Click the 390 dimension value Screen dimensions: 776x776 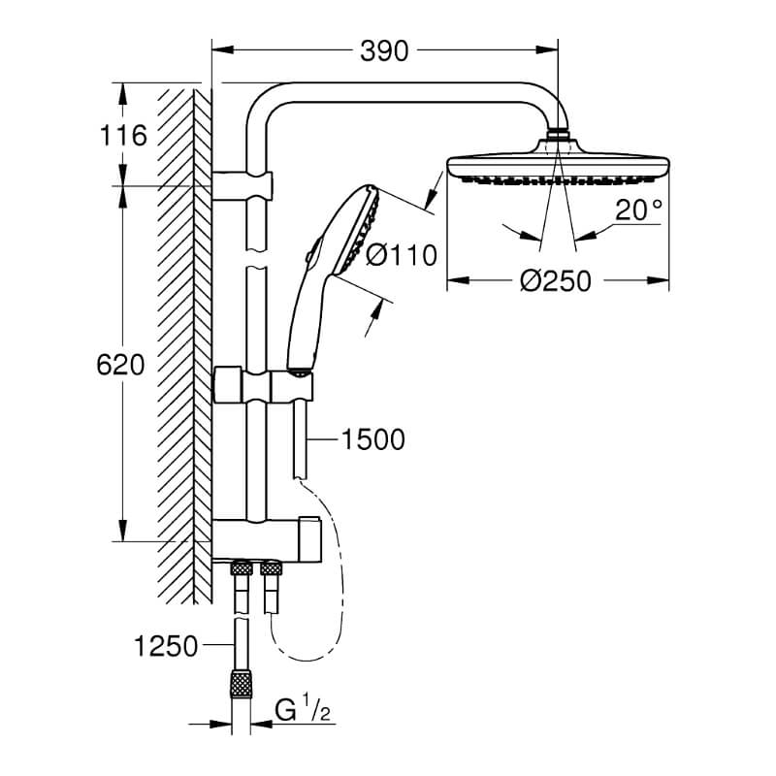click(x=384, y=51)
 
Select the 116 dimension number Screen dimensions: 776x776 click(x=123, y=135)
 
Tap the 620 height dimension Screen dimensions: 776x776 click(x=120, y=366)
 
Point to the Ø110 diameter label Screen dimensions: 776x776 click(x=402, y=255)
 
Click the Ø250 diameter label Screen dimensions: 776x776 click(x=556, y=281)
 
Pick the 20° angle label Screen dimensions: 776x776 click(x=638, y=210)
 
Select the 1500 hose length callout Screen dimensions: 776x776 click(x=372, y=439)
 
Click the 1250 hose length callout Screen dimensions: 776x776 click(x=166, y=646)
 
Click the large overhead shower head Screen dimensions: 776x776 click(x=558, y=164)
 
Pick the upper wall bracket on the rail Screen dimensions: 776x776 click(x=242, y=185)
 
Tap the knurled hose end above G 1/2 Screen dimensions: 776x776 click(x=242, y=685)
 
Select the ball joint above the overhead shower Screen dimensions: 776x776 click(x=558, y=133)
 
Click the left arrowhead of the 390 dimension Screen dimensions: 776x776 click(x=223, y=49)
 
